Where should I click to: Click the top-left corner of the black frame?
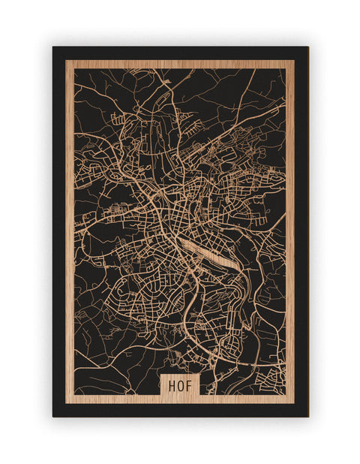(x=53, y=47)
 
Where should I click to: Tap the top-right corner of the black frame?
(x=307, y=47)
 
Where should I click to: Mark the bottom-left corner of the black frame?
(x=53, y=416)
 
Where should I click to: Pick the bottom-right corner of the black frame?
(x=307, y=416)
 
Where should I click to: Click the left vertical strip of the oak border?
(x=70, y=225)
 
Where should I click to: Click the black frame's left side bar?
(x=59, y=225)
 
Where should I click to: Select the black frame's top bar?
(x=180, y=53)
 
